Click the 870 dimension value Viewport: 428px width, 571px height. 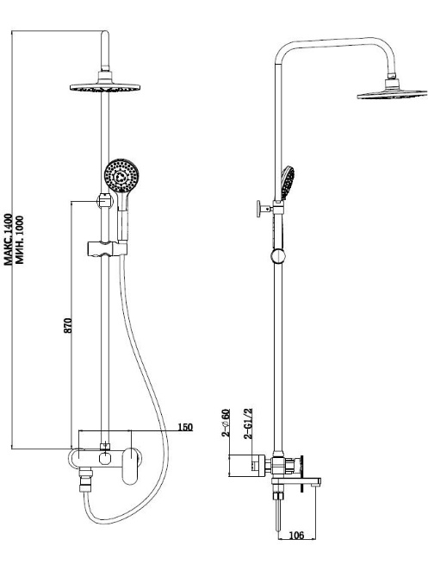point(68,325)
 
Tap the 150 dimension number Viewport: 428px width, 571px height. point(185,427)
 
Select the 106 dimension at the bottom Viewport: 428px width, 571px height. point(296,535)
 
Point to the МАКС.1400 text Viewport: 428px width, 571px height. point(9,239)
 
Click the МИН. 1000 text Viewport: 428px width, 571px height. point(20,240)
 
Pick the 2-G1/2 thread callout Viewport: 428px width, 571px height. point(249,424)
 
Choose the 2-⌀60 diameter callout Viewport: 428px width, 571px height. point(226,424)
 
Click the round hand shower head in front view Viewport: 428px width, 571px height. point(121,175)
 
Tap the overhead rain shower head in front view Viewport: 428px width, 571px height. point(105,86)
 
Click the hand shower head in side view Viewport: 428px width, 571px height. point(288,183)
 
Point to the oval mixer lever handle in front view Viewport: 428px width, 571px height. point(130,466)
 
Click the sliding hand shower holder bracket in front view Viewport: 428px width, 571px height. point(107,248)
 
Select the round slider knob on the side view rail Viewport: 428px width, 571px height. point(278,255)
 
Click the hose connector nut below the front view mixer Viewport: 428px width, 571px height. point(86,480)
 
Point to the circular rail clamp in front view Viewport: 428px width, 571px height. point(105,201)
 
